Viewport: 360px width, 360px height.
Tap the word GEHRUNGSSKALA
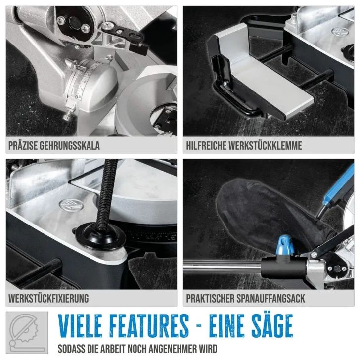pyautogui.click(x=70, y=146)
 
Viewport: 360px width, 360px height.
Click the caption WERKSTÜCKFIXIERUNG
pyautogui.click(x=48, y=299)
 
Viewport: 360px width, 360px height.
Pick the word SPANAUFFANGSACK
pyautogui.click(x=270, y=299)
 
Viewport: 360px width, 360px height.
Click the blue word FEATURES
pyautogui.click(x=149, y=325)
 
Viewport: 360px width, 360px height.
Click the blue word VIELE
pyautogui.click(x=80, y=325)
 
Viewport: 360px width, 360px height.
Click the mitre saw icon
pyautogui.click(x=27, y=332)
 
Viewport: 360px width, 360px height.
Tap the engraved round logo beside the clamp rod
pyautogui.click(x=71, y=205)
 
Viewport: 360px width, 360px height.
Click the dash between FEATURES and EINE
pyautogui.click(x=199, y=325)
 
